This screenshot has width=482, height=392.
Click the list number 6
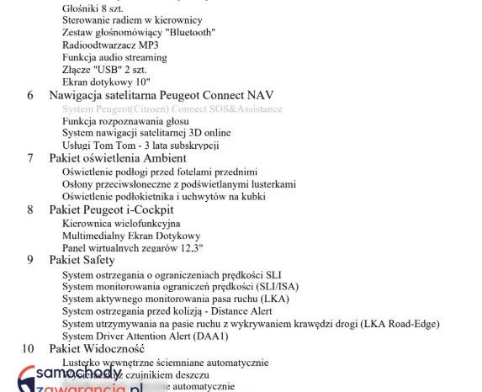click(x=30, y=96)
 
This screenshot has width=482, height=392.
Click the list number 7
click(x=30, y=158)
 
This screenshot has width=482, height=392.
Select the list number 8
click(x=30, y=209)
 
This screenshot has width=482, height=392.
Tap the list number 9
click(x=30, y=260)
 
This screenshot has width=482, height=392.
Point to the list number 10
click(x=28, y=348)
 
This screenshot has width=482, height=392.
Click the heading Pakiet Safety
click(x=82, y=260)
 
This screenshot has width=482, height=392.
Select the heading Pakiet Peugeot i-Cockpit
click(x=111, y=209)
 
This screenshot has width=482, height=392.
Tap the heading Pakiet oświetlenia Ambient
click(x=112, y=158)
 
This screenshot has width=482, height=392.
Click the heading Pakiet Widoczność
click(x=97, y=348)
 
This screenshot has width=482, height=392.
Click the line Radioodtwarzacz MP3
click(x=110, y=45)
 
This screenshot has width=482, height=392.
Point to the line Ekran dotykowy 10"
click(x=106, y=82)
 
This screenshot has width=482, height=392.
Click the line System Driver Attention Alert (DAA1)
click(x=145, y=336)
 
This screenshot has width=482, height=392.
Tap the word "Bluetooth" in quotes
click(x=189, y=32)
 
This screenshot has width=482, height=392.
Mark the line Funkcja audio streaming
click(x=114, y=57)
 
